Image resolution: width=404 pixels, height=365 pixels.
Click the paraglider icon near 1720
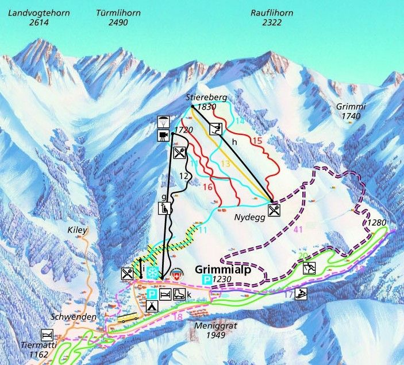pyautogui.click(x=163, y=122)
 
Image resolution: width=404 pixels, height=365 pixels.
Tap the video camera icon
pyautogui.click(x=163, y=135)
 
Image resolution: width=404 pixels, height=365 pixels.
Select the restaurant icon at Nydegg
pyautogui.click(x=274, y=210)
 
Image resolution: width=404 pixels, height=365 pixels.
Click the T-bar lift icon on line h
pyautogui.click(x=217, y=128)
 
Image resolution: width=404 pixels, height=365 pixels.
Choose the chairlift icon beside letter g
pyautogui.click(x=165, y=208)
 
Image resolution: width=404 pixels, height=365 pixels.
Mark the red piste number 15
pyautogui.click(x=257, y=140)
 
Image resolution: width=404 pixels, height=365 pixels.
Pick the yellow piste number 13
pyautogui.click(x=225, y=164)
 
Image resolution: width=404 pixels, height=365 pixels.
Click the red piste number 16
pyautogui.click(x=208, y=187)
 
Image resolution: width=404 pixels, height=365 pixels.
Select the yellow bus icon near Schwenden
pyautogui.click(x=128, y=319)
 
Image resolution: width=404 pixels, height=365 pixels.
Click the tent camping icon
pyautogui.click(x=151, y=306)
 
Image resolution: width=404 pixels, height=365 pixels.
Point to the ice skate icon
pyautogui.click(x=179, y=294)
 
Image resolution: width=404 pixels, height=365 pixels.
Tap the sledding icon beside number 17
pyautogui.click(x=302, y=294)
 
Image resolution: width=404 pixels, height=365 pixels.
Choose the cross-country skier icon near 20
pyautogui.click(x=309, y=268)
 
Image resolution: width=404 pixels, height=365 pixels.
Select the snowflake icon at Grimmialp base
pyautogui.click(x=152, y=273)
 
